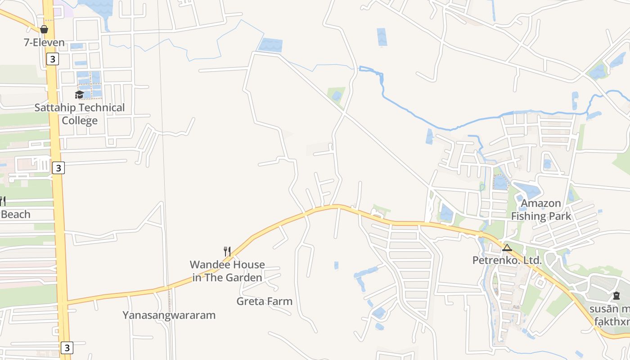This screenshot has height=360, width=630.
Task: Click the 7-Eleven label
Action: pos(44,43)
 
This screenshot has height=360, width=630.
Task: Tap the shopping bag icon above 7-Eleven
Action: pos(44,30)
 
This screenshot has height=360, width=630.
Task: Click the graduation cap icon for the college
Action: pos(79,94)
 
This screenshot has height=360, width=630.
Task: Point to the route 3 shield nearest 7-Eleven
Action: pos(53,59)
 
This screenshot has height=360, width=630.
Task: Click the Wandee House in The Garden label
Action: pos(227,271)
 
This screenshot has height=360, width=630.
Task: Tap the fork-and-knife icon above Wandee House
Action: pos(227,251)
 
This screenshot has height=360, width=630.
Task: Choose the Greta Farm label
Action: pos(265,301)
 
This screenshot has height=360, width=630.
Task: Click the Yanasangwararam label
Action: pos(169,315)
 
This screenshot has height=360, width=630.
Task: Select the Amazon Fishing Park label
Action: pos(541,210)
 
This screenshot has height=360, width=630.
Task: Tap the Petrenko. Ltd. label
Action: pos(507,260)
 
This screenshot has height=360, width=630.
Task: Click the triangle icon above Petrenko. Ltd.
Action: pos(507,247)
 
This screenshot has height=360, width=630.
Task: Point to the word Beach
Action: pos(16,214)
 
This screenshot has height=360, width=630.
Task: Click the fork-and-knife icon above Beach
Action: pos(2,201)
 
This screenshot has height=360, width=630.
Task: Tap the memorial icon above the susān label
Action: pos(616,296)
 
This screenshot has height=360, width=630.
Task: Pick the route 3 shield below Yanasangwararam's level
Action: pos(67,347)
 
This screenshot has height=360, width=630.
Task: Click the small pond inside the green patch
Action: pos(337,95)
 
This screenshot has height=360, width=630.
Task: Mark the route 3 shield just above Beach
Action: pos(58,168)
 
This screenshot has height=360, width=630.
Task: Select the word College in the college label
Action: pos(80,121)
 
